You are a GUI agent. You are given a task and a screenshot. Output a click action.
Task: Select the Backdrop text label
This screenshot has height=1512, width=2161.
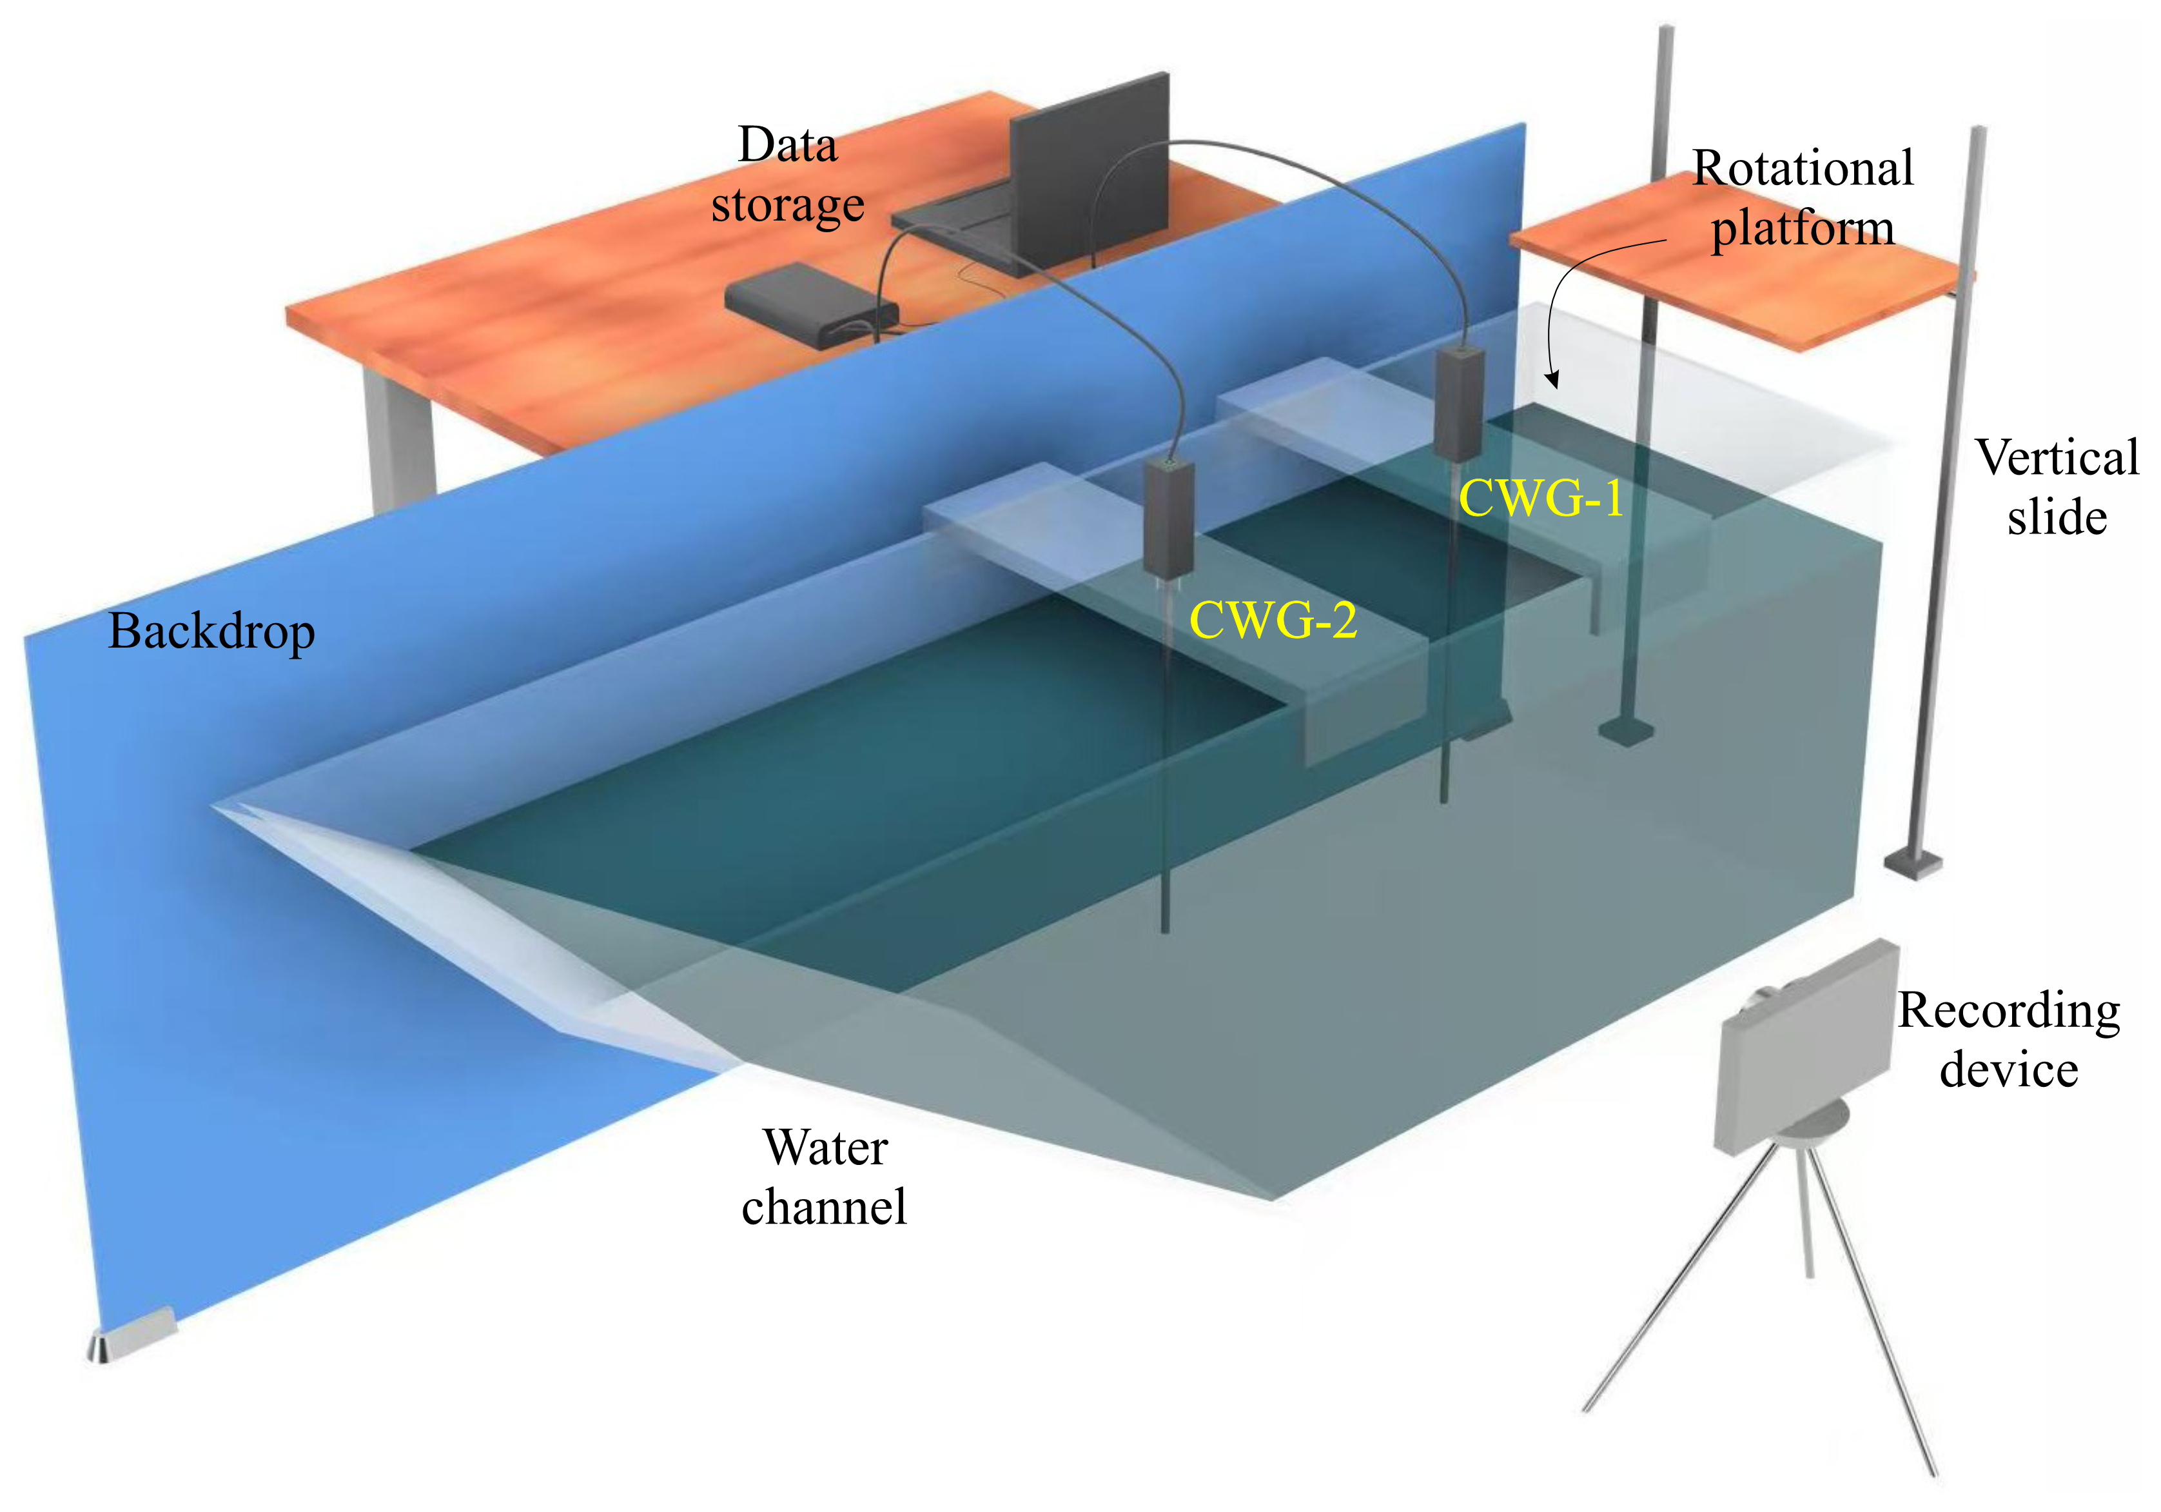click(211, 631)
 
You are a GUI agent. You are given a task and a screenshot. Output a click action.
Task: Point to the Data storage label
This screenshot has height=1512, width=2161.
click(788, 175)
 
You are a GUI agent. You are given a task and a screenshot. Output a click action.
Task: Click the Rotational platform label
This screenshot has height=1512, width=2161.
click(1803, 198)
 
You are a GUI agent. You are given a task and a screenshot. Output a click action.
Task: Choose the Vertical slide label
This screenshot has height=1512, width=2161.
click(2057, 488)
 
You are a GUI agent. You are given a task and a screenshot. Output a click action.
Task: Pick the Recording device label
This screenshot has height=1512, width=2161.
click(2008, 1039)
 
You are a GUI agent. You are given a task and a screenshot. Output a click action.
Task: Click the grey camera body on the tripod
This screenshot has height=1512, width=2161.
click(1805, 1045)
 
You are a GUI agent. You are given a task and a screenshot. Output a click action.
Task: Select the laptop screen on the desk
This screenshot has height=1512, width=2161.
click(1090, 170)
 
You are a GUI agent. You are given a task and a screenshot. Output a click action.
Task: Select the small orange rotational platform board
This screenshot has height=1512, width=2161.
click(1741, 273)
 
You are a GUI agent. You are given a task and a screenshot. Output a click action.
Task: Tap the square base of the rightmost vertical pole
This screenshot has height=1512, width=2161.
click(1913, 862)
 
